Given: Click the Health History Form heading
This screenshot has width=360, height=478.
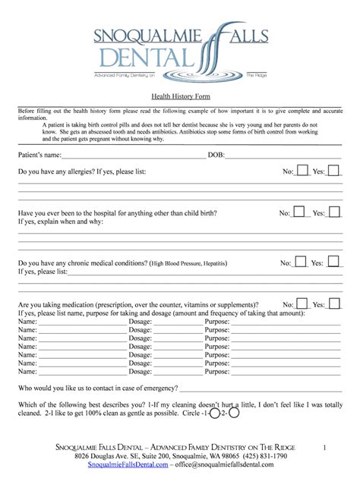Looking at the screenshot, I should tap(181, 96).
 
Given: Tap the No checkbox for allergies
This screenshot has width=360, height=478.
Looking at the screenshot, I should tap(302, 171).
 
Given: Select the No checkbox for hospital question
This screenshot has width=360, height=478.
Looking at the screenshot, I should tap(298, 212).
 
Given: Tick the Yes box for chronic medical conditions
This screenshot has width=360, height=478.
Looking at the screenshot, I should tap(333, 262).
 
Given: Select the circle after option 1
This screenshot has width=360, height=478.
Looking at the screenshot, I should tap(215, 414).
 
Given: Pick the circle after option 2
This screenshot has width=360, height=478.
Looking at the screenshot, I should tap(234, 414).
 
